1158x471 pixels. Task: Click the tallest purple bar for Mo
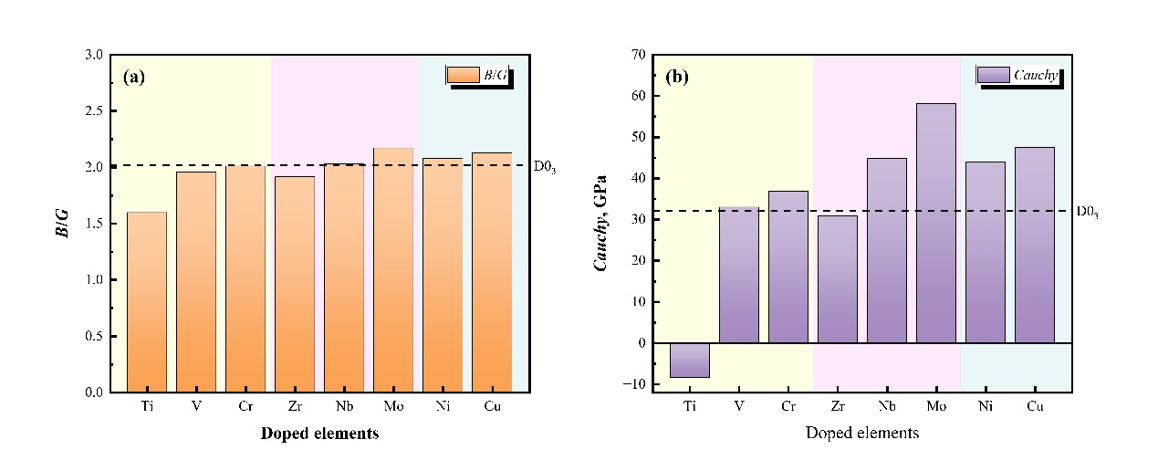coord(935,223)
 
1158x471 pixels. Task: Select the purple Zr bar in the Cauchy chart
coord(837,278)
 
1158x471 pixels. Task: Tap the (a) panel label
coord(134,77)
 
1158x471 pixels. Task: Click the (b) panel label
coord(677,77)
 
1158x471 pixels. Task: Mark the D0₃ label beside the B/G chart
coord(545,167)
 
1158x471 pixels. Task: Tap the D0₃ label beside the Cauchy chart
coord(1087,212)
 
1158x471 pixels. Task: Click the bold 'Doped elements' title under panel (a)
coord(319,434)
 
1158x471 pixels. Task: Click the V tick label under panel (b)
coord(738,406)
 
